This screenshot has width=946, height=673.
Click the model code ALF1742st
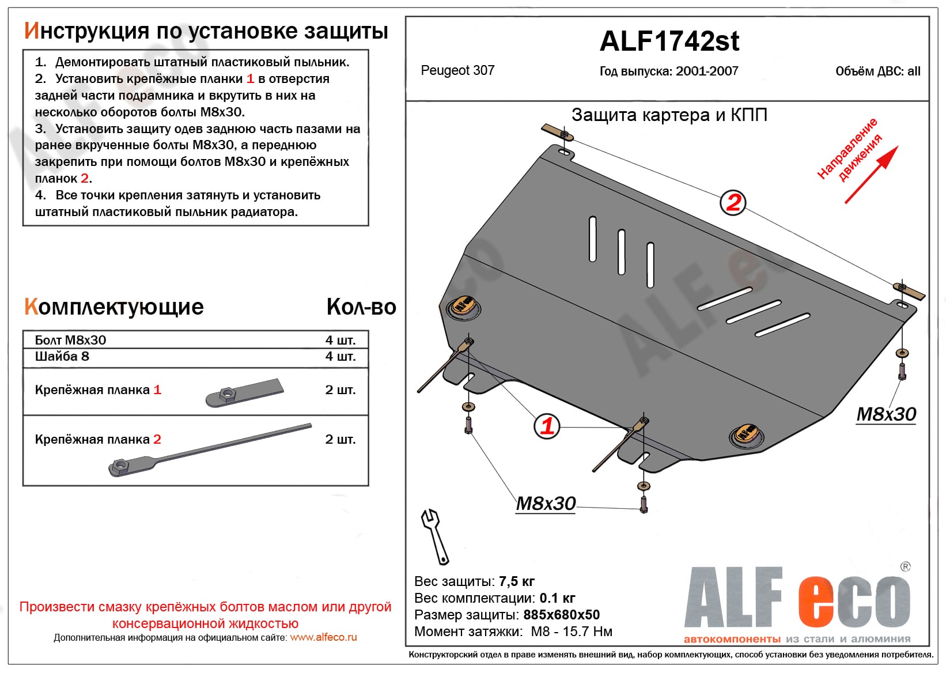point(669,41)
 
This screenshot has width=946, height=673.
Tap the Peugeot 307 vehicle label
point(457,70)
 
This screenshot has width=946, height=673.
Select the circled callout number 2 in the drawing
point(733,203)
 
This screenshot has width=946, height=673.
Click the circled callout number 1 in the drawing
point(547,426)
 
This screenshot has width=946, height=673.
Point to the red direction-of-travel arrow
point(871,175)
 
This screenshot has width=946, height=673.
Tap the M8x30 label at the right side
point(886,414)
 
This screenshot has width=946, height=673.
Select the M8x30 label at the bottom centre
point(546,504)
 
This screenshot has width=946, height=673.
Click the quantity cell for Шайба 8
point(340,357)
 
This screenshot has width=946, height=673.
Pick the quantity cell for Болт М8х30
point(340,340)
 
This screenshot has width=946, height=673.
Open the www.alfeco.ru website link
point(323,637)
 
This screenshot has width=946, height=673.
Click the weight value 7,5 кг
point(517,581)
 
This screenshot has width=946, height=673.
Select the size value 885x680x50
point(561,615)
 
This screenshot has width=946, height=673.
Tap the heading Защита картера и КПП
point(669,115)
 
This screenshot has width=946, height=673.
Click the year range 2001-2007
point(707,71)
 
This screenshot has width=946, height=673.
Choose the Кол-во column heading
point(361,307)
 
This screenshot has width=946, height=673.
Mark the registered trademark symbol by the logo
point(905,567)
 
